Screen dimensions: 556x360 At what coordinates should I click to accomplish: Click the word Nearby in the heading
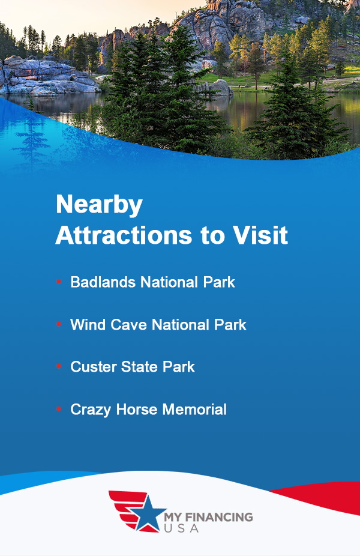tap(99, 205)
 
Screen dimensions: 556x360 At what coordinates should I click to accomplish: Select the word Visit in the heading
tap(258, 235)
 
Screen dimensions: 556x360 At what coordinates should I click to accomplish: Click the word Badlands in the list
tap(103, 282)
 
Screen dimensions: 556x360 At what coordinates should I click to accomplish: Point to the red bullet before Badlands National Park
tap(59, 282)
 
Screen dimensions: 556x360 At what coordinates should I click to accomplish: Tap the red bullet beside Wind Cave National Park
tap(59, 325)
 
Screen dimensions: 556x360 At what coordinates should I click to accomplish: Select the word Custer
tap(92, 367)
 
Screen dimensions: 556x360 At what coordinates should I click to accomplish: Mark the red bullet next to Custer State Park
tap(59, 367)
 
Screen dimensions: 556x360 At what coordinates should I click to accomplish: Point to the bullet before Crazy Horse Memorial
tap(59, 409)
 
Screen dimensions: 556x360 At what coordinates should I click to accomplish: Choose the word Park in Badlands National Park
tap(219, 282)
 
